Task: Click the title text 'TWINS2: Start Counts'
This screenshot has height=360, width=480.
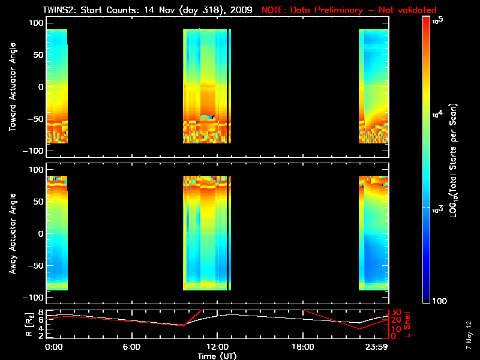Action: (x=105, y=10)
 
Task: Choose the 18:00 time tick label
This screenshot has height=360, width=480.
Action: (x=303, y=346)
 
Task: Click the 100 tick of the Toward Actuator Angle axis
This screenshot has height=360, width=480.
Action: (x=36, y=22)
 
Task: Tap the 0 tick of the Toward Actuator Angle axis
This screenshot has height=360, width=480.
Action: (x=41, y=86)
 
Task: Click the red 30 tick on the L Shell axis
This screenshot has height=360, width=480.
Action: (x=396, y=312)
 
